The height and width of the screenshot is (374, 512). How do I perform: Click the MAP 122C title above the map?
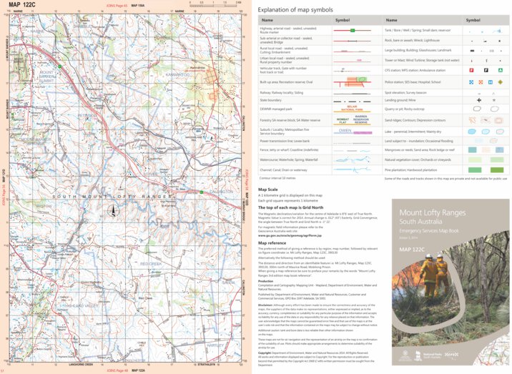click(24, 5)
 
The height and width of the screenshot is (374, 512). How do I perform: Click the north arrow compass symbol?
click(112, 211)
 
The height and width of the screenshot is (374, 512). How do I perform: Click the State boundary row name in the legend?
click(277, 101)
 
